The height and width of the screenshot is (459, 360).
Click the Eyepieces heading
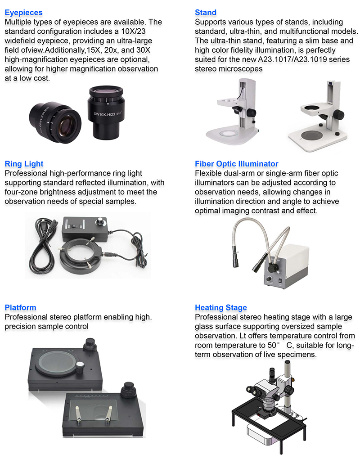pyautogui.click(x=23, y=13)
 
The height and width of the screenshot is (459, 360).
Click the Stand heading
pyautogui.click(x=206, y=13)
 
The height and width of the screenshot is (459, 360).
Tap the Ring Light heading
pyautogui.click(x=24, y=164)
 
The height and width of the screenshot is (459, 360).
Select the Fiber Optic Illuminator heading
pyautogui.click(x=236, y=164)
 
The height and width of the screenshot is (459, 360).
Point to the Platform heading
pyautogui.click(x=20, y=308)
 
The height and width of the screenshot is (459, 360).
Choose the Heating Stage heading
pyautogui.click(x=220, y=308)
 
